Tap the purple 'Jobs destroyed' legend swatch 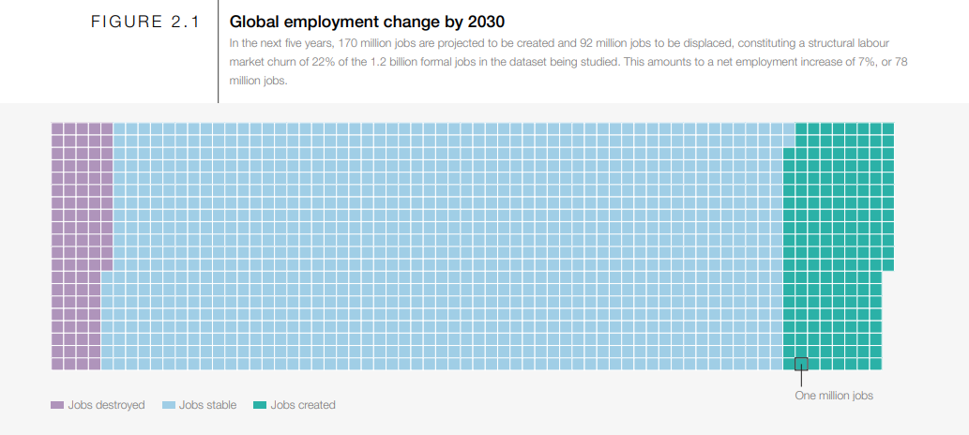tap(57, 405)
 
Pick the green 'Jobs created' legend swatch tap(260, 405)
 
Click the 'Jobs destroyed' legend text tap(106, 405)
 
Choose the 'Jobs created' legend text tap(302, 405)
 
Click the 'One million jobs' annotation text tap(834, 396)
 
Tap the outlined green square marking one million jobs tap(801, 364)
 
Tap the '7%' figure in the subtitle tap(869, 62)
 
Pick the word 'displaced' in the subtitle tap(693, 43)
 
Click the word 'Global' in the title tap(253, 22)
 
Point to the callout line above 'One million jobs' tap(801, 378)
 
